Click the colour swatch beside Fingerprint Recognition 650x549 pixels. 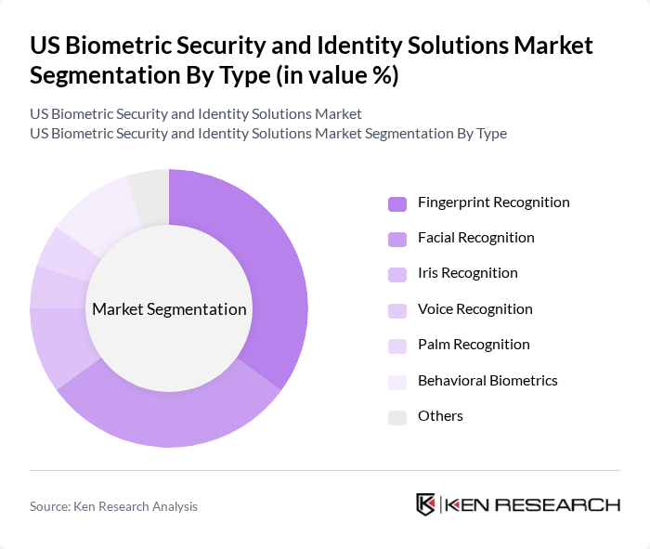[x=397, y=203]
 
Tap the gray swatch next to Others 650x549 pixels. [x=397, y=417]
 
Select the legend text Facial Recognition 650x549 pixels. [x=475, y=238]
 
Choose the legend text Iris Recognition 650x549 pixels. [x=467, y=273]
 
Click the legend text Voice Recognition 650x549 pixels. [x=474, y=309]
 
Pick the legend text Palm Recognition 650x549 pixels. [x=474, y=345]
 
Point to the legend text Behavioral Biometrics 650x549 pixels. [x=487, y=381]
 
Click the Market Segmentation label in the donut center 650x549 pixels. [x=169, y=309]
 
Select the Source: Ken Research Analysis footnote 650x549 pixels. [x=113, y=506]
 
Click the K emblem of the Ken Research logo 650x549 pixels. [x=426, y=504]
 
